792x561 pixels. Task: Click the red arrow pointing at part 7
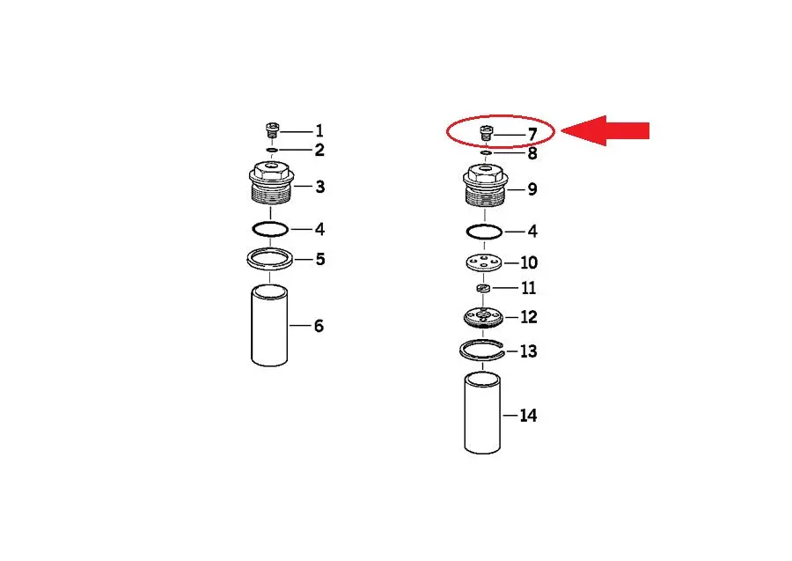tap(605, 131)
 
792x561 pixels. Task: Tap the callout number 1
tap(319, 131)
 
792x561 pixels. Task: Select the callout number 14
tap(528, 416)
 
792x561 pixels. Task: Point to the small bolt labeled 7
tap(486, 134)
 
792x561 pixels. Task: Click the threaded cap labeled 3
tap(271, 182)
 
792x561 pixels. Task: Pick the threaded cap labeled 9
tap(485, 185)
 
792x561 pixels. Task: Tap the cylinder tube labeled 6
tap(270, 326)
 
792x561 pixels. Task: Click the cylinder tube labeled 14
tap(482, 413)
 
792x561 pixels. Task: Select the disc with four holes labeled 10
tap(484, 262)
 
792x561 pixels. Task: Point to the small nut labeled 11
tap(484, 289)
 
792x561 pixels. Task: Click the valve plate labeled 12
tap(483, 317)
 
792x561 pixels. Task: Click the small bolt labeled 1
tap(272, 129)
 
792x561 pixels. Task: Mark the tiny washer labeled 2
tap(272, 150)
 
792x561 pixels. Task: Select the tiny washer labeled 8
tap(486, 152)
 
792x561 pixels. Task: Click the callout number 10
tap(528, 262)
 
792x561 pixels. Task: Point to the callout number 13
tap(528, 351)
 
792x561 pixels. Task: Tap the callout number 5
tap(320, 259)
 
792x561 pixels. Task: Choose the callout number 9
tap(532, 189)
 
